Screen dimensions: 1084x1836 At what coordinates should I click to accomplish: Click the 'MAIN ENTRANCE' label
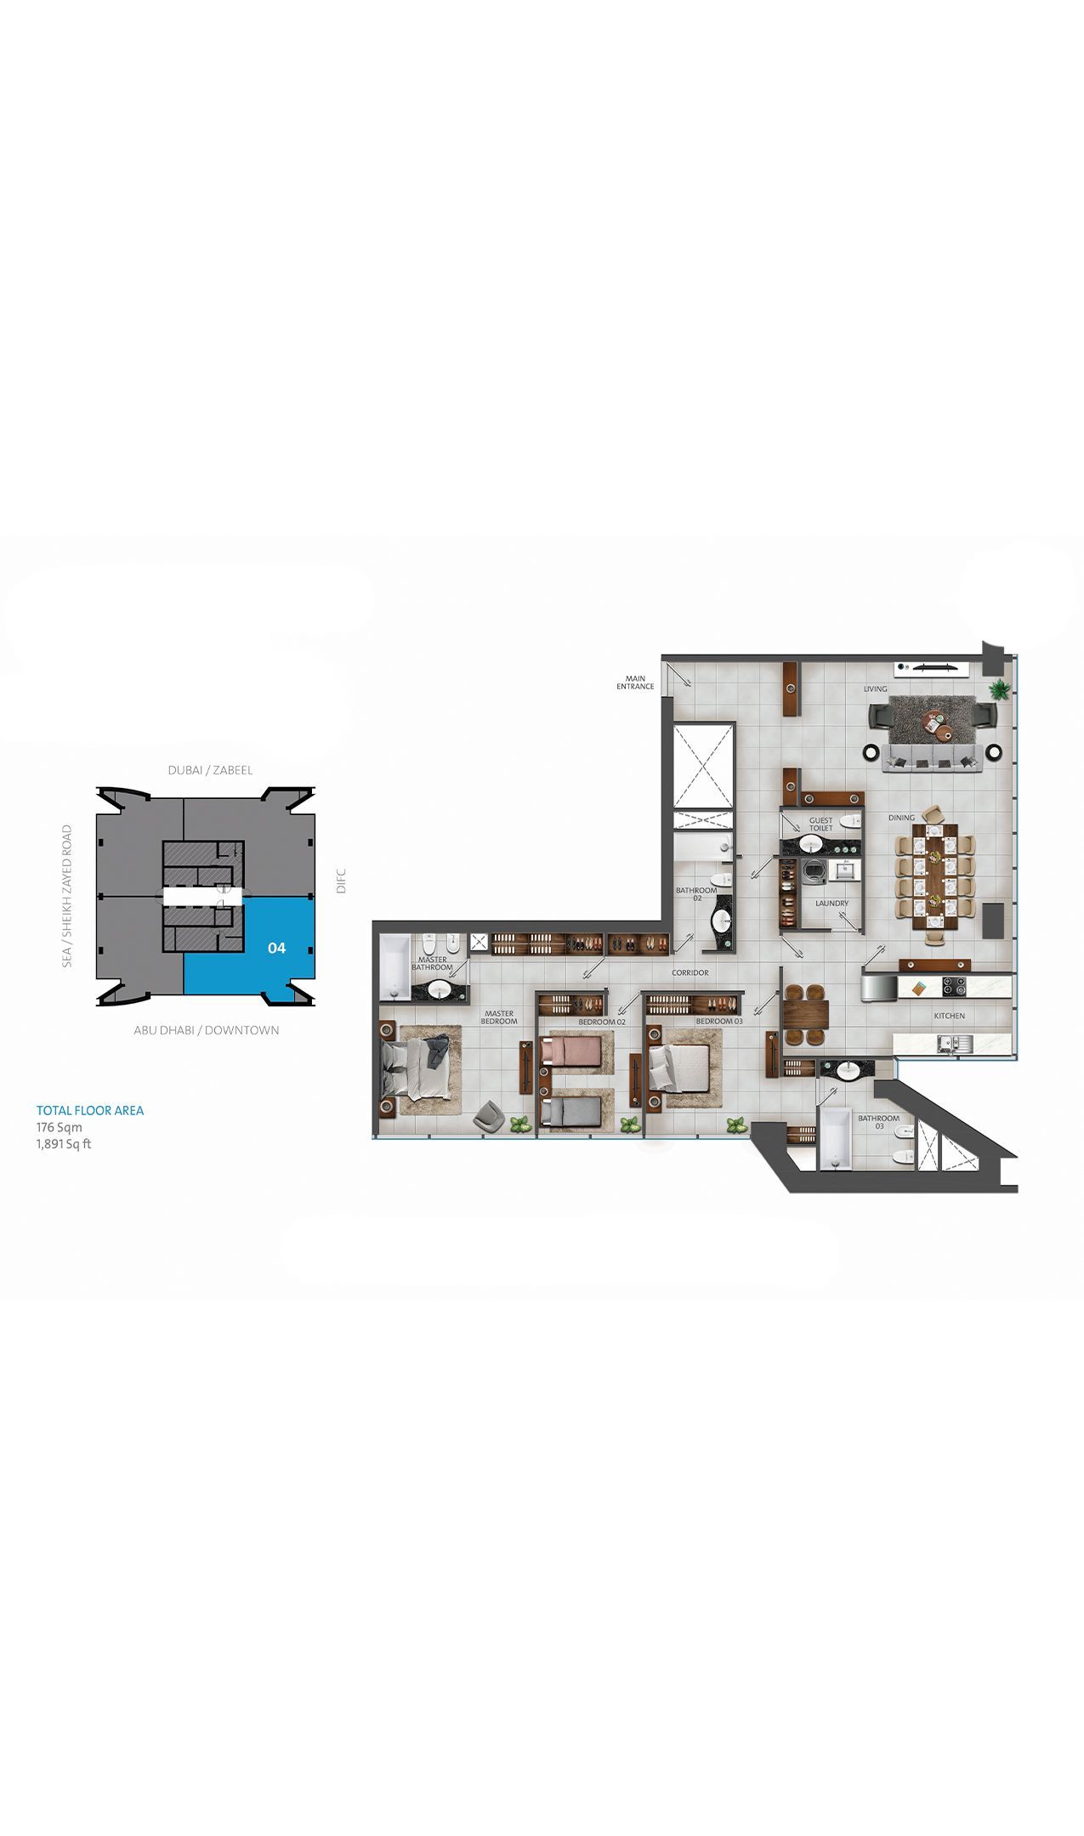coord(635,683)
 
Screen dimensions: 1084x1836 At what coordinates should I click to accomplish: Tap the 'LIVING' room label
coord(875,689)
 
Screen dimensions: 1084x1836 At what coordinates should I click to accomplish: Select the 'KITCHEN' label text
coord(949,1016)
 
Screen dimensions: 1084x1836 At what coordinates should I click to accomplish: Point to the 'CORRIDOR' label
coord(690,972)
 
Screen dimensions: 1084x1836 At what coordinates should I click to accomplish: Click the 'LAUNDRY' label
coord(831,904)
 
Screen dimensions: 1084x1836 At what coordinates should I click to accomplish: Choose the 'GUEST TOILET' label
coord(821,824)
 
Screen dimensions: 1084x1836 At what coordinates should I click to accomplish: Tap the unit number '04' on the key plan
coord(276,948)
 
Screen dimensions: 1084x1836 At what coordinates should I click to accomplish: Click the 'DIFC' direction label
coord(341,880)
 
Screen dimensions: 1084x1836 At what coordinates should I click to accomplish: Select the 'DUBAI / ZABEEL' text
coord(210,770)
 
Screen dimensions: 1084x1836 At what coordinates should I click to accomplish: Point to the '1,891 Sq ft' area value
coord(64,1144)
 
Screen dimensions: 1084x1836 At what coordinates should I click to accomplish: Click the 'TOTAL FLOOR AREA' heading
coord(90,1110)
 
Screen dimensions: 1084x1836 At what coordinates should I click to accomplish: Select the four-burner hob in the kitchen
coord(954,987)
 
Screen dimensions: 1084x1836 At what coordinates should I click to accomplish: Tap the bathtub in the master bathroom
coord(394,966)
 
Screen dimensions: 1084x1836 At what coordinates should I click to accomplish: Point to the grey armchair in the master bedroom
coord(489,1116)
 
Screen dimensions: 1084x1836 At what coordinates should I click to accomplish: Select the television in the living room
coord(932,667)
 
